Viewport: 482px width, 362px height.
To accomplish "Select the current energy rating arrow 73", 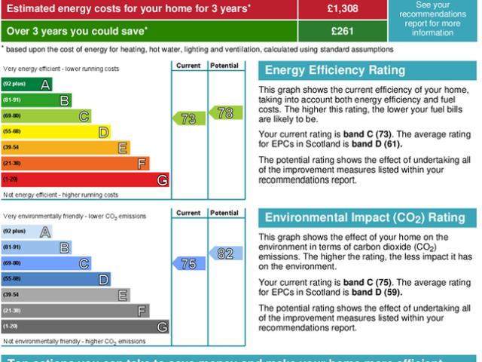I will pyautogui.click(x=189, y=118).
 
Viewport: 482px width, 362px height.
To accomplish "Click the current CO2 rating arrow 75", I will pyautogui.click(x=189, y=263).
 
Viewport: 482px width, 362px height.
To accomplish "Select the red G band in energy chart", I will pyautogui.click(x=86, y=179).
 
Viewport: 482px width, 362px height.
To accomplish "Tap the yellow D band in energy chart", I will pyautogui.click(x=56, y=132).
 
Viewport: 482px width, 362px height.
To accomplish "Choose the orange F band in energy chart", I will pyautogui.click(x=76, y=164).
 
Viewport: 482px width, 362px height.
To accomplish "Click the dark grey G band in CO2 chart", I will pyautogui.click(x=86, y=327).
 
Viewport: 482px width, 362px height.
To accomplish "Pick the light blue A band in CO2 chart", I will pyautogui.click(x=27, y=232).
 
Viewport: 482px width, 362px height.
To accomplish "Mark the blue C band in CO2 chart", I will pyautogui.click(x=47, y=263).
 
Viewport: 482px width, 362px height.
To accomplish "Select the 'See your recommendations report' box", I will pyautogui.click(x=433, y=19).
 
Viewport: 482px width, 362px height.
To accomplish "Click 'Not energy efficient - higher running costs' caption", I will pyautogui.click(x=60, y=195).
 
